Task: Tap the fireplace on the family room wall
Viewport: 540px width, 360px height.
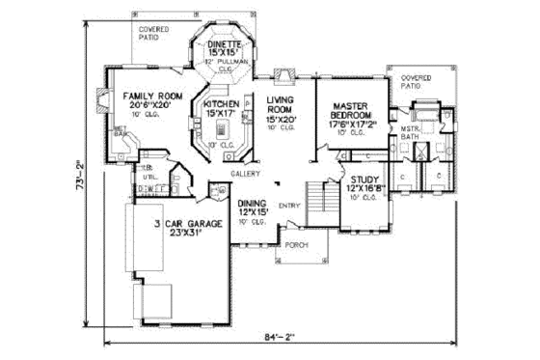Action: (x=104, y=98)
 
